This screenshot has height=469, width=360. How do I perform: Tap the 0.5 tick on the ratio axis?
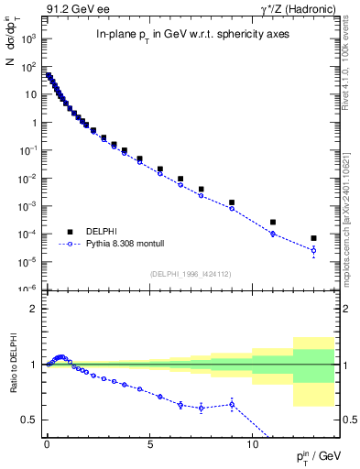coord(31,420)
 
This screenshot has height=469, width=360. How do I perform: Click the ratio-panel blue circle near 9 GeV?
coord(232,404)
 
